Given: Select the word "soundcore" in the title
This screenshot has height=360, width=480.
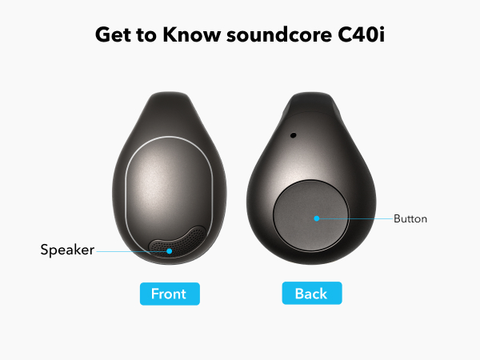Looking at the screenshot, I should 280,36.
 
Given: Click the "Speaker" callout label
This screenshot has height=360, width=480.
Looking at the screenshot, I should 67,250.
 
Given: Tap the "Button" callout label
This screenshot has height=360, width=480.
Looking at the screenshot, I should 410,218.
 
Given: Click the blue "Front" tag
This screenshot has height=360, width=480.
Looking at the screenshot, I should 169,294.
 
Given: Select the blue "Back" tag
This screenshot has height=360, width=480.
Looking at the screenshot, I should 311,294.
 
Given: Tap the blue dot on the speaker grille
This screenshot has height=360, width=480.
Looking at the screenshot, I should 170,250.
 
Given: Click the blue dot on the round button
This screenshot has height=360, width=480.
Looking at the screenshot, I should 317,218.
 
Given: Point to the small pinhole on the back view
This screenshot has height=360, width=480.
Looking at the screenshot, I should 293,135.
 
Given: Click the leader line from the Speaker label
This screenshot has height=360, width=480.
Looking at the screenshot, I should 132,250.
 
